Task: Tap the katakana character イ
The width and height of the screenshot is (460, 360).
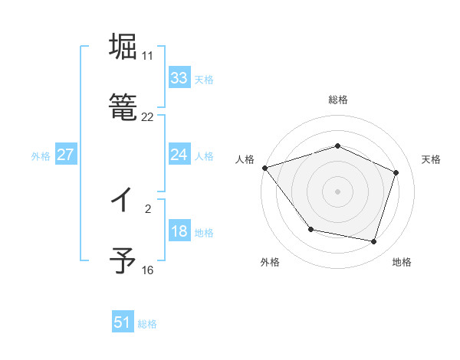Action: (123, 200)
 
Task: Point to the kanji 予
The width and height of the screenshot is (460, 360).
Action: (123, 261)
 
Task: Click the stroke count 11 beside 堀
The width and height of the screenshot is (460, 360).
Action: (147, 56)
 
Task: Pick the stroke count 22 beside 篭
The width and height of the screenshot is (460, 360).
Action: (147, 117)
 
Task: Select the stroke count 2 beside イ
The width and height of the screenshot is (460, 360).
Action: (147, 208)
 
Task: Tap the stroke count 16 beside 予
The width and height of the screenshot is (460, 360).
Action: (147, 270)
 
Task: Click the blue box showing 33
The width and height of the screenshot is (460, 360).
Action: (179, 78)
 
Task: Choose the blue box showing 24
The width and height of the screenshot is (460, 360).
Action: (179, 155)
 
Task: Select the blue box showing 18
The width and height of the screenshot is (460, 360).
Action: (179, 232)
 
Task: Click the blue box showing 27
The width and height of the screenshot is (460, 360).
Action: (65, 155)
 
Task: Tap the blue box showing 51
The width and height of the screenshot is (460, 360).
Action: (123, 322)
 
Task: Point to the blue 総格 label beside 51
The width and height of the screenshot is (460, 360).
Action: (147, 324)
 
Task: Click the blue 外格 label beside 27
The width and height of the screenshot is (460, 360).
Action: (41, 156)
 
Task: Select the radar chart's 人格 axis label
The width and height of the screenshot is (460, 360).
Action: (245, 159)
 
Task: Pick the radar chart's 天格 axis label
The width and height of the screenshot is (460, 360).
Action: (431, 159)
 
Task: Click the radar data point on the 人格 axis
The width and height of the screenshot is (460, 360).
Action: (264, 168)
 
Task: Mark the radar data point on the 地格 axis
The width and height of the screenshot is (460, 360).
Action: (373, 241)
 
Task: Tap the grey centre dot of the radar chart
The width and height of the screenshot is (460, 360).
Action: (337, 191)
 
